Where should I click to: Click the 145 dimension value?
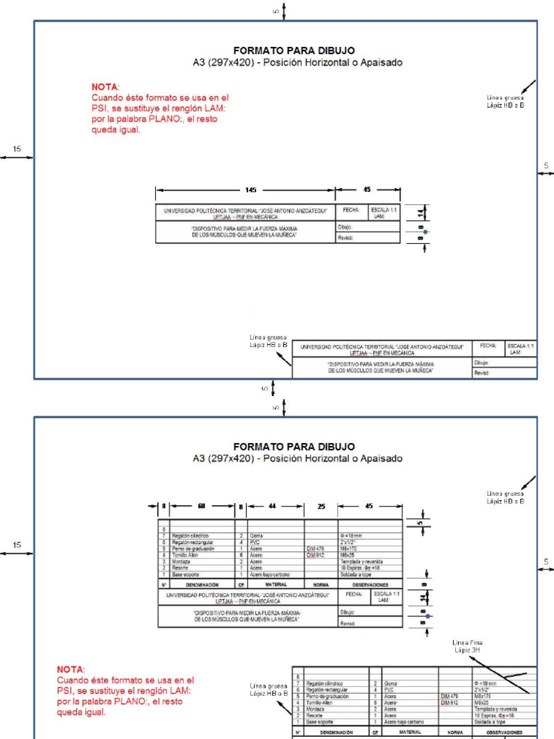pos(250,190)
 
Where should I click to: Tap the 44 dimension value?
pos(272,507)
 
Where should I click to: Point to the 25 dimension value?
pos(322,507)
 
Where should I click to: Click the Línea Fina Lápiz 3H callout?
pos(467,646)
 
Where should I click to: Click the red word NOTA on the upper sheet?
pos(105,87)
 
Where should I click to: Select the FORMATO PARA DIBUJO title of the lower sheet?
pos(294,447)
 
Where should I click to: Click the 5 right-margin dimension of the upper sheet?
pos(546,166)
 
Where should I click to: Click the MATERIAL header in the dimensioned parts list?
pos(276,584)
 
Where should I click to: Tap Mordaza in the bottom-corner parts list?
pos(315,709)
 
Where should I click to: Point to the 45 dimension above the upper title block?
pos(367,190)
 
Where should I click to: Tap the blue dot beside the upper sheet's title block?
pos(426,232)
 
